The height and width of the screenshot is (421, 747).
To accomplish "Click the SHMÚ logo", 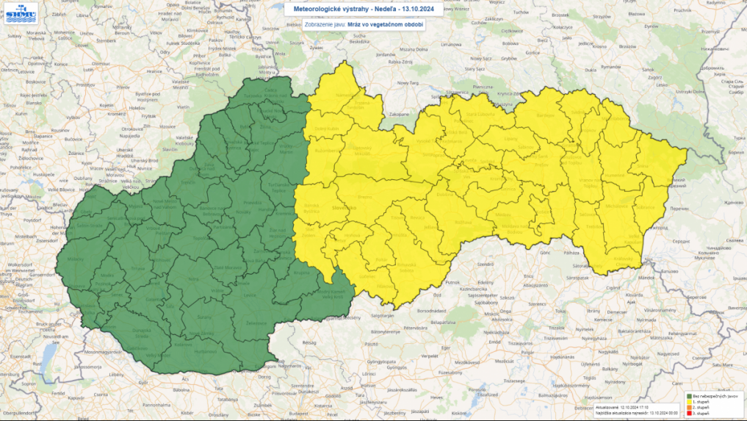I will click(x=21, y=14).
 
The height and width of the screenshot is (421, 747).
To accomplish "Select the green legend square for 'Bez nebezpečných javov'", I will click(x=688, y=395).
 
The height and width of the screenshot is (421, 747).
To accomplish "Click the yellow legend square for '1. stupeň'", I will click(x=688, y=401).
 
